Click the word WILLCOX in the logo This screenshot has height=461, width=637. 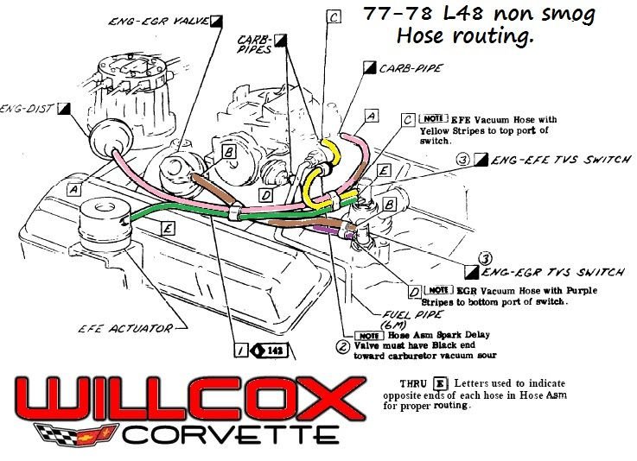pos(185,400)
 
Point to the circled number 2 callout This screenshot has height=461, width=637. pos(342,347)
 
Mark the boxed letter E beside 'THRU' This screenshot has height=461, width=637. pos(440,381)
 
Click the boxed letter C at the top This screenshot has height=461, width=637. pos(334,16)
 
